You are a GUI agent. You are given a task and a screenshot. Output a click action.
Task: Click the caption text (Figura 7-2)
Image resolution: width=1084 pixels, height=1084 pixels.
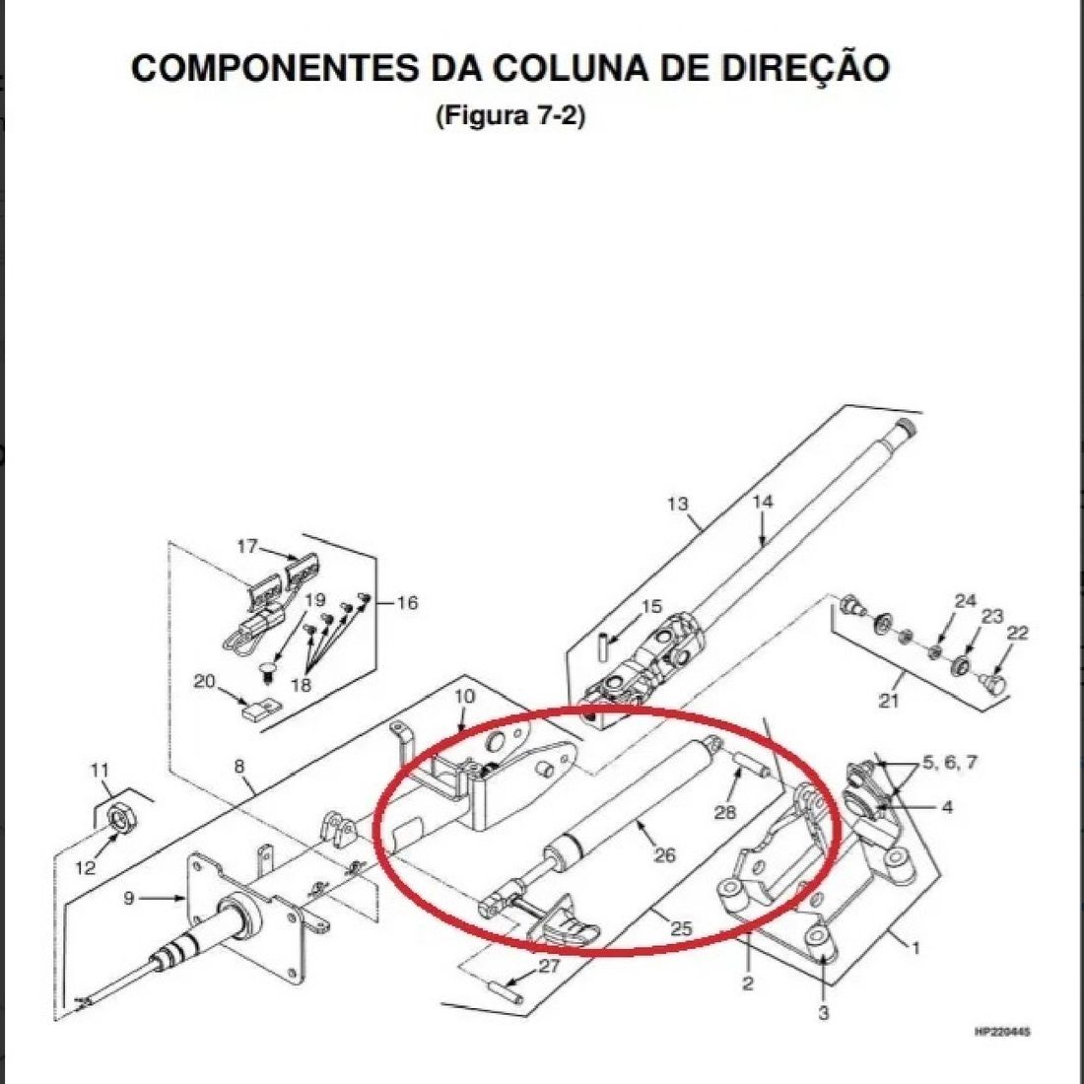pyautogui.click(x=510, y=115)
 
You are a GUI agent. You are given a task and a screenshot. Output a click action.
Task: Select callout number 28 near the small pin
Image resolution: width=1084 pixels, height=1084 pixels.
pyautogui.click(x=725, y=811)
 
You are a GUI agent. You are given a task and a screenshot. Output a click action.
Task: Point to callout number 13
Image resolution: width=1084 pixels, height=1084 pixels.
pyautogui.click(x=677, y=505)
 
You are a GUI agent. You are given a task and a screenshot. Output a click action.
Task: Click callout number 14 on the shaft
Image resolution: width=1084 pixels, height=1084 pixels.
pyautogui.click(x=763, y=502)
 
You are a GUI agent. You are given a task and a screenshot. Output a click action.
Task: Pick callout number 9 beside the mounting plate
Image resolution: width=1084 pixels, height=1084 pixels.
pyautogui.click(x=129, y=898)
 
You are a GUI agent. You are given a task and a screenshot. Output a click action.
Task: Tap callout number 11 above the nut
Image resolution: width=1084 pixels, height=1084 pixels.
pyautogui.click(x=101, y=769)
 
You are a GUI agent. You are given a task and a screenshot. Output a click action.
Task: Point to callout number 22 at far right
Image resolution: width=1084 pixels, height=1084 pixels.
pyautogui.click(x=1017, y=633)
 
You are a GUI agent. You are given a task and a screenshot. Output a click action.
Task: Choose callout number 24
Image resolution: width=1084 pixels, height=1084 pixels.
pyautogui.click(x=965, y=600)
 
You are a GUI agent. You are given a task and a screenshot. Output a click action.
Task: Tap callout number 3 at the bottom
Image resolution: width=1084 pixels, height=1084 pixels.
pyautogui.click(x=824, y=1012)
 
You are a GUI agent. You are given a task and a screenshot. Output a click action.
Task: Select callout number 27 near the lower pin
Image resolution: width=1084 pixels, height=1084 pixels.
pyautogui.click(x=549, y=966)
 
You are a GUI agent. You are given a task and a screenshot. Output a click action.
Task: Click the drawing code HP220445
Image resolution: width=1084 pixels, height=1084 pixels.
pyautogui.click(x=1001, y=1033)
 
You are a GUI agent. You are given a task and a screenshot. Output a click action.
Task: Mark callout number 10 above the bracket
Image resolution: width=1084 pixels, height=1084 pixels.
pyautogui.click(x=464, y=696)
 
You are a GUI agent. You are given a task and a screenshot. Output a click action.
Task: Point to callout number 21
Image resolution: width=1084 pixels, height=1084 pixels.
pyautogui.click(x=890, y=702)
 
